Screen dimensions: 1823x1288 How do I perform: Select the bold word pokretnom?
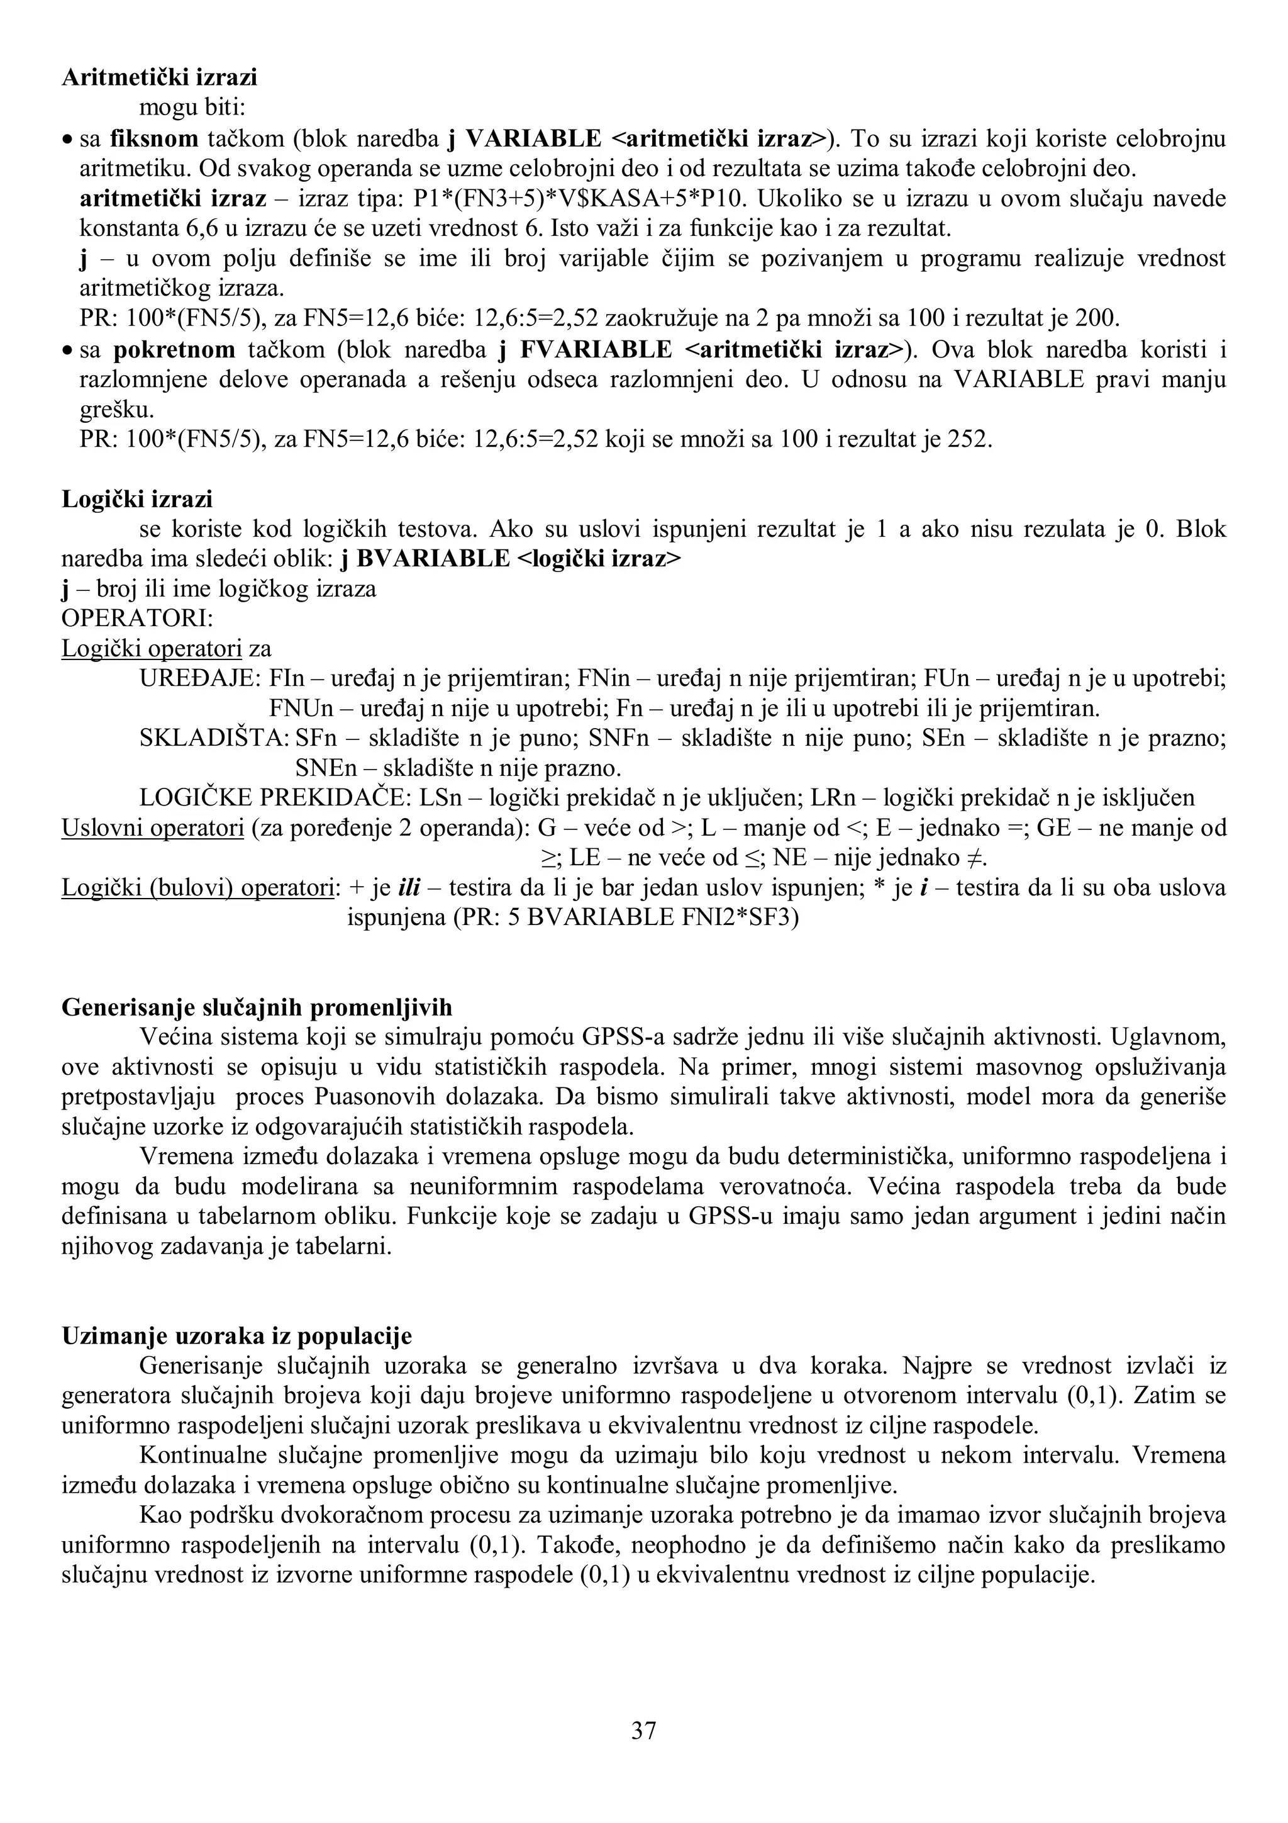point(175,349)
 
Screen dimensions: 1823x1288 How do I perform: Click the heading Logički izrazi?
point(137,498)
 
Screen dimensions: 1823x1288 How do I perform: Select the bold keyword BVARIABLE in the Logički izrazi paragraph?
point(433,559)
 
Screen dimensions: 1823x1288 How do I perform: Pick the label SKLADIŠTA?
point(214,738)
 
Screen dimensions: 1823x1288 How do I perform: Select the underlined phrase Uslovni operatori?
point(152,828)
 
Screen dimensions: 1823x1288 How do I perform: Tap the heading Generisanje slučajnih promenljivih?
point(257,1007)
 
